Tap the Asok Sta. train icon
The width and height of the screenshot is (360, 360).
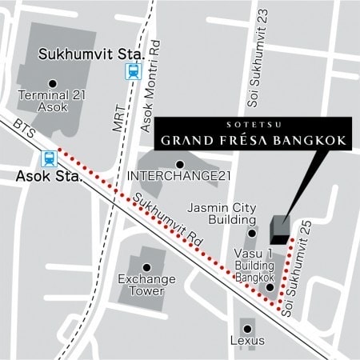[50, 158]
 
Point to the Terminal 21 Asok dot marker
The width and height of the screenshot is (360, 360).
[52, 83]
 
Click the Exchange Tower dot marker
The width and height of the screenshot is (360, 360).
[146, 267]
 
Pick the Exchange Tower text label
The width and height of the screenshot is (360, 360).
[141, 286]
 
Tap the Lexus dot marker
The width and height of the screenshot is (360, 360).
[247, 328]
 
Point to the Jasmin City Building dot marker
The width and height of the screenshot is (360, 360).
[251, 233]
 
